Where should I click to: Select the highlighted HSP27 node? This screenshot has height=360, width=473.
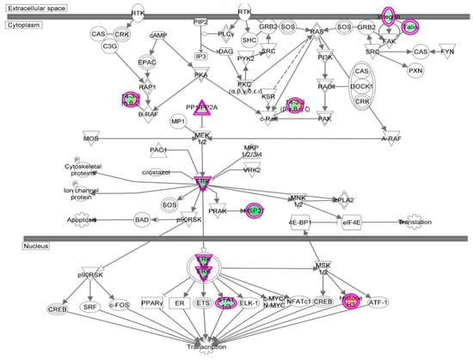pyautogui.click(x=255, y=211)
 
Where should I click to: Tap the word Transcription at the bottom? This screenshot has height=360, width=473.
pyautogui.click(x=206, y=346)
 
